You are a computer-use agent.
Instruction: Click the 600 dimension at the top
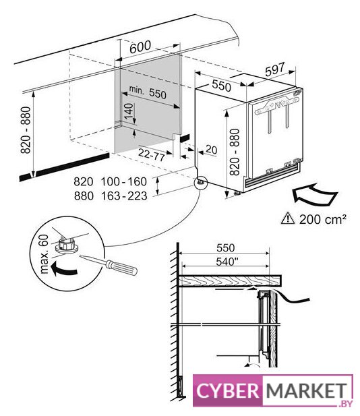click(140, 47)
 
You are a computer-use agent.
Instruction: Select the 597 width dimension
click(275, 69)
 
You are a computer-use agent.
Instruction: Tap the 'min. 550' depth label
click(148, 92)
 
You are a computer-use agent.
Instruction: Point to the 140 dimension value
click(128, 111)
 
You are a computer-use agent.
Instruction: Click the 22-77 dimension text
click(152, 154)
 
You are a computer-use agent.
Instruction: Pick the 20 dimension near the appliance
click(211, 150)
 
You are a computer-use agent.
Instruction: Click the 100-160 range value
click(124, 182)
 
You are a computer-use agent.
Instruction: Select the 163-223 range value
click(124, 196)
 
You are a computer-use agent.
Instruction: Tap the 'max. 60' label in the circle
click(44, 254)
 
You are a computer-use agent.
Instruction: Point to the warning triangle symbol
click(288, 218)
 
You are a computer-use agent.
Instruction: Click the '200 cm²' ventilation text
click(323, 219)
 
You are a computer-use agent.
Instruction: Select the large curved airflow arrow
click(314, 194)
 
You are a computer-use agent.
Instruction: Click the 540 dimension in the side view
click(225, 262)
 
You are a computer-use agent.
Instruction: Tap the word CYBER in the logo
click(228, 390)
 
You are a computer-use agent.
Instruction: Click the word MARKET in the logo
click(307, 390)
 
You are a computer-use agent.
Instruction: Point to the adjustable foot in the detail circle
click(66, 245)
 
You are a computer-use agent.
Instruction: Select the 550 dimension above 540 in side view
click(225, 248)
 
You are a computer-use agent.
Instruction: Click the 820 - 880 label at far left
click(26, 129)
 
